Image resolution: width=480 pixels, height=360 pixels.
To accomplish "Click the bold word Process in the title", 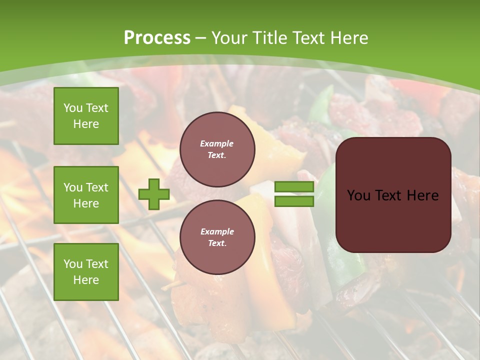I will tap(157, 38).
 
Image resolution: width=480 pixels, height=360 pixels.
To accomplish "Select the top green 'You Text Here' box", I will tap(86, 116).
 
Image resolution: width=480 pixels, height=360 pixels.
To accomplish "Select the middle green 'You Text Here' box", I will tap(86, 195).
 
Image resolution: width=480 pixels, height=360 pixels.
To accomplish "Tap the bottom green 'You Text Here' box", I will tap(86, 271).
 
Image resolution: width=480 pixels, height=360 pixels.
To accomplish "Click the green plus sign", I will tap(154, 194).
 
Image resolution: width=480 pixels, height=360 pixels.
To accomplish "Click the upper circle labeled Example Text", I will tap(217, 149).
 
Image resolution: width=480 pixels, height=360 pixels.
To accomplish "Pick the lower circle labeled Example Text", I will tap(217, 237).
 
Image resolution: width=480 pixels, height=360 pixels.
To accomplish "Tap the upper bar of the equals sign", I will tap(294, 187).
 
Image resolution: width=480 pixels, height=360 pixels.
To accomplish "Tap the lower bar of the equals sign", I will tap(294, 201).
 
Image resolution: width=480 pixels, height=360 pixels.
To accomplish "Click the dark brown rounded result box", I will tap(393, 220).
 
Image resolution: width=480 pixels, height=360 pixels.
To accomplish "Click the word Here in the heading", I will tap(349, 38).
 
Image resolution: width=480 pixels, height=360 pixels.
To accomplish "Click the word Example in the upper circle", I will tap(217, 143).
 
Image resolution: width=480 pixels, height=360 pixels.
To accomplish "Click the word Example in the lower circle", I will tap(217, 231).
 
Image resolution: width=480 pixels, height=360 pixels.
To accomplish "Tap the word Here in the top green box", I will tap(86, 124).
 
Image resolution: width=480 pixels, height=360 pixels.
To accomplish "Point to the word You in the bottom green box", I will tap(73, 264).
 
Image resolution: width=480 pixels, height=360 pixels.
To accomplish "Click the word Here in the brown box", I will tap(422, 195).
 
